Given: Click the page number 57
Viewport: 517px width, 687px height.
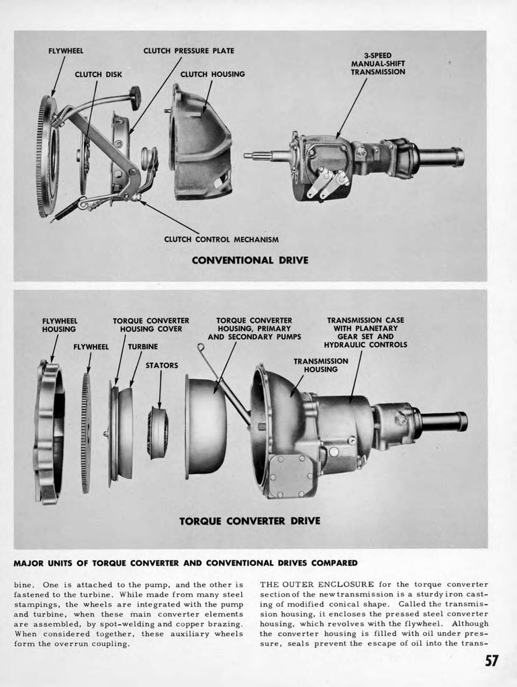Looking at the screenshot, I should coord(491,661).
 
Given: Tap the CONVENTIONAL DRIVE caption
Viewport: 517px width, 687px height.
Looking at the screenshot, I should coord(250,260).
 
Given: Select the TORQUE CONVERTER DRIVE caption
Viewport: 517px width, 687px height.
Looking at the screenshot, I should coord(250,521).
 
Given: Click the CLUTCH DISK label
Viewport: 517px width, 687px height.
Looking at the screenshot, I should coord(98,74).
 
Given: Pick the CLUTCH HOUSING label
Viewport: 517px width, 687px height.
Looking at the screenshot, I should coord(212,74).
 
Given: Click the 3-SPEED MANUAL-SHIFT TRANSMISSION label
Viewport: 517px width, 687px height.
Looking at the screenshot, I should coord(377,64).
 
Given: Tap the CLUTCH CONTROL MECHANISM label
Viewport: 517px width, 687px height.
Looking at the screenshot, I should coord(221,239).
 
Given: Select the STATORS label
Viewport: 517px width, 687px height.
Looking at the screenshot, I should coord(162,366).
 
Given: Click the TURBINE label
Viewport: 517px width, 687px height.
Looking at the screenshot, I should coord(143,346).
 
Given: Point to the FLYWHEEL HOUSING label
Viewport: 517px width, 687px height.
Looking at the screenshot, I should coord(59,325).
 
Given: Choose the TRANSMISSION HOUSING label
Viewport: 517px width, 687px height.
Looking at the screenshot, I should coord(320,365).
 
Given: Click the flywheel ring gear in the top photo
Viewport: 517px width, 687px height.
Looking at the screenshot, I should coord(46,156).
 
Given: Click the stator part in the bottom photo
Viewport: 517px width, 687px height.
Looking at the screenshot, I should coord(158,433).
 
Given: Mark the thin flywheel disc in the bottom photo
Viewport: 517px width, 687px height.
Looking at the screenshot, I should coord(86,433).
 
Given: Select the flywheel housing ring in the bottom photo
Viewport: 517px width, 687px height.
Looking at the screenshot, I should coord(49,433).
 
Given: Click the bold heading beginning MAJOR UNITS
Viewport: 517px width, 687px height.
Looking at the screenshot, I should coord(185,562).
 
